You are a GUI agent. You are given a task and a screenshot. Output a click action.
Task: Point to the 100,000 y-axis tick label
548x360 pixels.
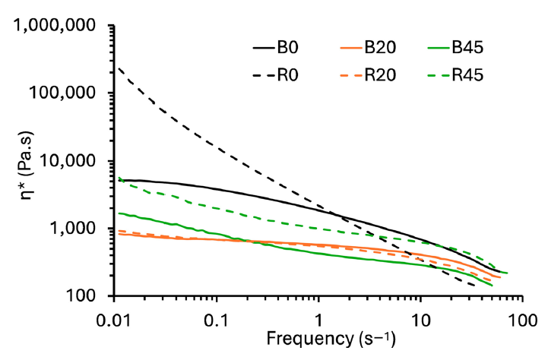[69, 93]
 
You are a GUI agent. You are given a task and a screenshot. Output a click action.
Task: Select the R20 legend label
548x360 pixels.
[382, 74]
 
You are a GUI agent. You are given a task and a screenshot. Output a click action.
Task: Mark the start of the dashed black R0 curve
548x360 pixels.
[116, 67]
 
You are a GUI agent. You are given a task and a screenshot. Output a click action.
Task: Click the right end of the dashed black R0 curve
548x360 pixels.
[475, 286]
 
